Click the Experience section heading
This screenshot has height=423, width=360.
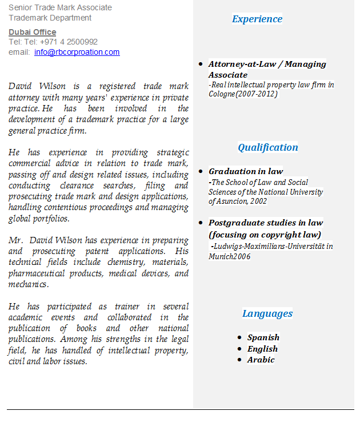tap(257, 19)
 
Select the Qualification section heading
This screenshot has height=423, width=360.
tap(267, 147)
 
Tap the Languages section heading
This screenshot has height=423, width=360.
tap(267, 313)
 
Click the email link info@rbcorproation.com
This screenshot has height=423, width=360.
tap(77, 52)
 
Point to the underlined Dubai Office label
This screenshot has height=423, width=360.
tap(32, 32)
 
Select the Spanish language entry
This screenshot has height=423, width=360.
tap(263, 337)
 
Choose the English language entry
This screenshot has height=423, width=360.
tap(262, 349)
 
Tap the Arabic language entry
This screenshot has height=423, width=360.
tap(261, 360)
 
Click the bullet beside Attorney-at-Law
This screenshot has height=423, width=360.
tap(201, 64)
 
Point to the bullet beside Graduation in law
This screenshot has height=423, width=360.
tap(201, 171)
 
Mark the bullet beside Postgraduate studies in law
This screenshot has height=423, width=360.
tap(201, 223)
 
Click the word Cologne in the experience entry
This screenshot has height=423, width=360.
tap(222, 94)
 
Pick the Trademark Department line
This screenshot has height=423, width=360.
tap(50, 18)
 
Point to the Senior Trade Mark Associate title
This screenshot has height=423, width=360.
tap(60, 7)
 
